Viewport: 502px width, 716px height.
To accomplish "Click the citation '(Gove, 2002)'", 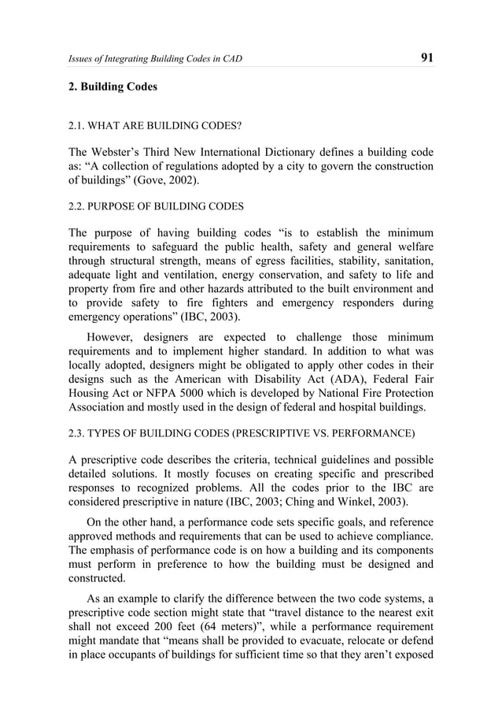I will click(x=166, y=181).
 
